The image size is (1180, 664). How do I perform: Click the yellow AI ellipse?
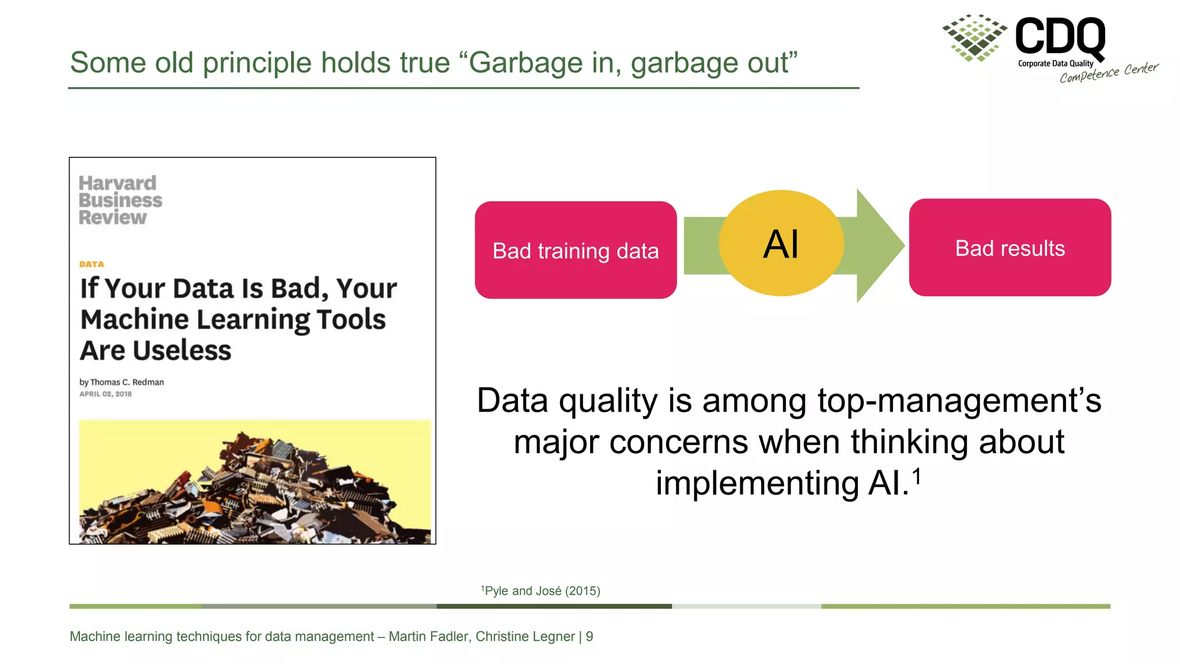pyautogui.click(x=781, y=243)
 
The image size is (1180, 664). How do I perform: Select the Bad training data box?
pyautogui.click(x=576, y=250)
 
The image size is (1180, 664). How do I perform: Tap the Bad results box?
pyautogui.click(x=1009, y=248)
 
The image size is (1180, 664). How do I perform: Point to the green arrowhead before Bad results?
pyautogui.click(x=879, y=246)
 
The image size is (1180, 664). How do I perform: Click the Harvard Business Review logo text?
pyautogui.click(x=120, y=200)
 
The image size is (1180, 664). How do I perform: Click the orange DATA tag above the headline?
pyautogui.click(x=92, y=264)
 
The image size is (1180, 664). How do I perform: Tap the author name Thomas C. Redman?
pyautogui.click(x=127, y=382)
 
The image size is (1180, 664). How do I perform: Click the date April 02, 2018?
pyautogui.click(x=105, y=394)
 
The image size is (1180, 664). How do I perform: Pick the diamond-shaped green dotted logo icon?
pyautogui.click(x=974, y=38)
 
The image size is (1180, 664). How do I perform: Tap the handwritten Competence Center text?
pyautogui.click(x=1109, y=73)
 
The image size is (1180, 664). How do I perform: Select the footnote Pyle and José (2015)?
pyautogui.click(x=542, y=591)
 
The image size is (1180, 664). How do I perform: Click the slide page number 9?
pyautogui.click(x=589, y=636)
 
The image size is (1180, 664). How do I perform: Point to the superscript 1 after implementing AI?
pyautogui.click(x=916, y=477)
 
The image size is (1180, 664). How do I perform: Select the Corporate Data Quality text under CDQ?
pyautogui.click(x=1055, y=63)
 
